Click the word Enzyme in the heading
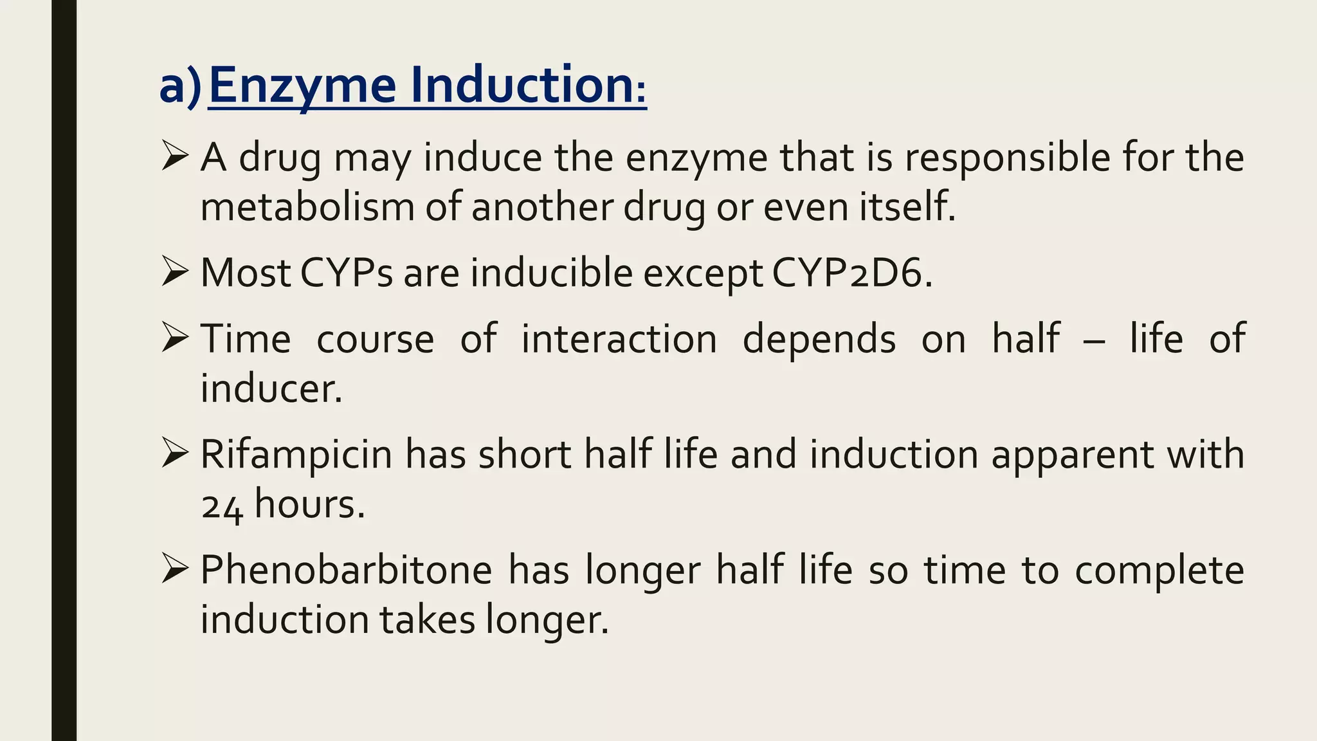302,86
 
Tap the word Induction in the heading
521,85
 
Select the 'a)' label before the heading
180,86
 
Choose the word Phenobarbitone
346,571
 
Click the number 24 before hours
222,506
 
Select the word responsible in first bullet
1008,158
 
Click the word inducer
271,389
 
